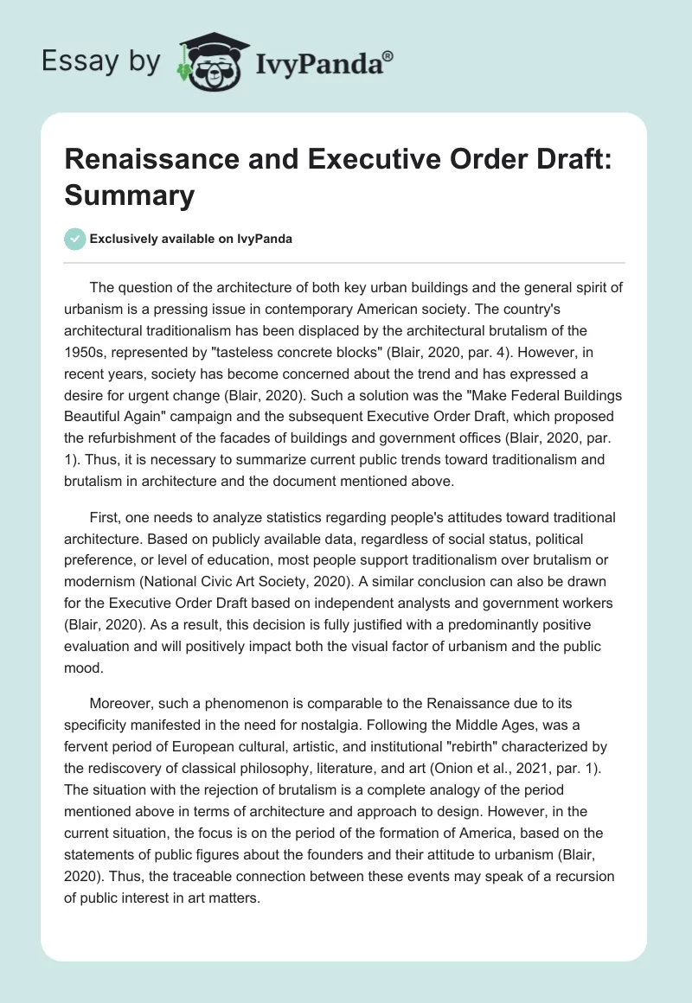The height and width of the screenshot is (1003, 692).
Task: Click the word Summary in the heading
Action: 130,197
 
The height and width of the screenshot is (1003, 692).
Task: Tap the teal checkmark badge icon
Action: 75,239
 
